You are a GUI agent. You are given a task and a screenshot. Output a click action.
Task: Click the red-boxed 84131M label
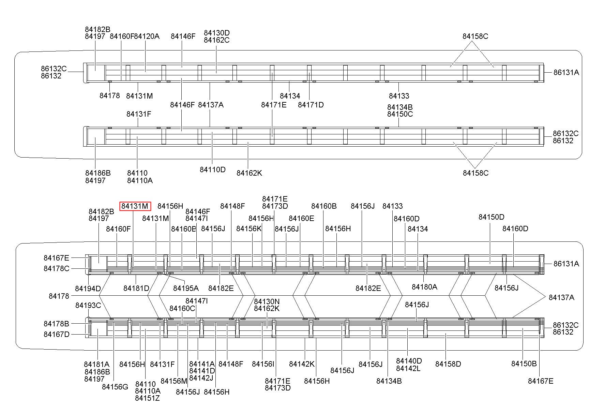pyautogui.click(x=135, y=206)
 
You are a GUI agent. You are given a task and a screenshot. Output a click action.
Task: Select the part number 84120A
pyautogui.click(x=147, y=36)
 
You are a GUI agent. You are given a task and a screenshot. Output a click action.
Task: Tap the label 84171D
pyautogui.click(x=311, y=105)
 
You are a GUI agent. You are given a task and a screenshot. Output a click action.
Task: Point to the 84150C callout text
pyautogui.click(x=400, y=114)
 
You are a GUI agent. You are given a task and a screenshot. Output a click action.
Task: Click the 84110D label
pyautogui.click(x=212, y=169)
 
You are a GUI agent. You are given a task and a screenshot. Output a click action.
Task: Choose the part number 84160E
pyautogui.click(x=301, y=219)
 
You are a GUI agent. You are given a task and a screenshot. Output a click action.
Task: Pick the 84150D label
pyautogui.click(x=491, y=217)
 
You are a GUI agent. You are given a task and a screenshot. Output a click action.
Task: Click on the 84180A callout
pyautogui.click(x=424, y=287)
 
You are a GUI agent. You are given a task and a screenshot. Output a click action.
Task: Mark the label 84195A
pyautogui.click(x=186, y=289)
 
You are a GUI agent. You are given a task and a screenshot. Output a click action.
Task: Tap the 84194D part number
pyautogui.click(x=88, y=289)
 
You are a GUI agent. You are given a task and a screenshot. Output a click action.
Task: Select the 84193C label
pyautogui.click(x=88, y=305)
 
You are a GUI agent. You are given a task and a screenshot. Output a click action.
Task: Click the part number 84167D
pyautogui.click(x=56, y=334)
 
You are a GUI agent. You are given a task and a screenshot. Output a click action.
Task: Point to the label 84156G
pyautogui.click(x=115, y=387)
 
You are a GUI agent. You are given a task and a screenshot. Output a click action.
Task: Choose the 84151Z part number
pyautogui.click(x=147, y=398)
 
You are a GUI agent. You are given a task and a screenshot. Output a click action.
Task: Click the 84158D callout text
pyautogui.click(x=448, y=364)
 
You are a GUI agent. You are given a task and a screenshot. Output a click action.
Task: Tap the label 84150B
pyautogui.click(x=524, y=364)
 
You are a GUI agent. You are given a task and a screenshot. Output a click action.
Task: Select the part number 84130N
pyautogui.click(x=267, y=301)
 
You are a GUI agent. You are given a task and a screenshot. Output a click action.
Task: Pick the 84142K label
pyautogui.click(x=302, y=364)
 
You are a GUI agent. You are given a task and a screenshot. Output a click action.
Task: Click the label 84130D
pyautogui.click(x=217, y=33)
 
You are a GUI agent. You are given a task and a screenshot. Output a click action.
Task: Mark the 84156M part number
pyautogui.click(x=174, y=381)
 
